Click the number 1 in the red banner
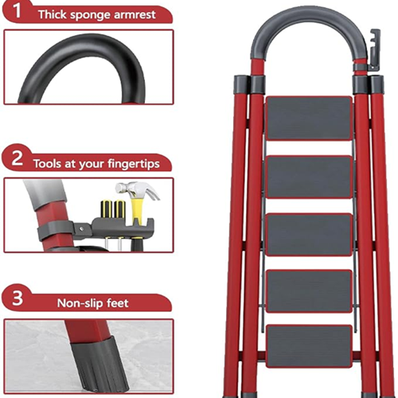tap(17, 10)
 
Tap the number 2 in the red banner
tap(17, 158)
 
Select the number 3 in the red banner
tap(18, 298)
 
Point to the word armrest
tap(135, 14)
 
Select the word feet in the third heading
tap(117, 302)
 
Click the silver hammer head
tap(138, 189)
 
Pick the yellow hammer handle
tap(137, 210)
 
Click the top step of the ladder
tap(309, 118)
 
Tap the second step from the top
tap(310, 177)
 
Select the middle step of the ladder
tap(309, 235)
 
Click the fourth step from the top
tap(309, 291)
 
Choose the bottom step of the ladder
tap(309, 346)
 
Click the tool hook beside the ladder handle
tap(374, 49)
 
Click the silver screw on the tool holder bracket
tap(82, 228)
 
